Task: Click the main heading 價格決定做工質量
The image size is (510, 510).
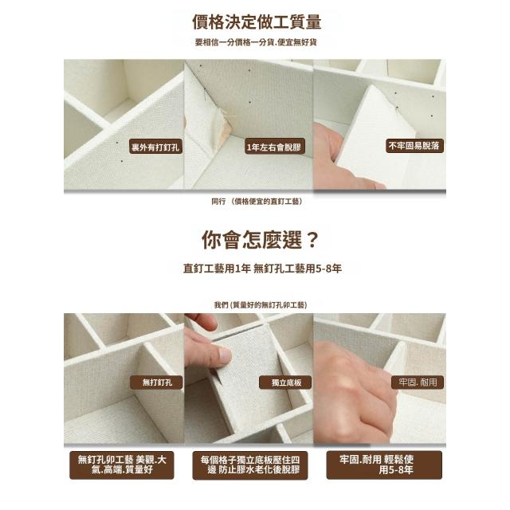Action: (257, 22)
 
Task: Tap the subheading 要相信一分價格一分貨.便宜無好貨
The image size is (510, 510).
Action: (256, 42)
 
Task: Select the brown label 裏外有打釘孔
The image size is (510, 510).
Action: (156, 147)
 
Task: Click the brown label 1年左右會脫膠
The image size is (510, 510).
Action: (274, 147)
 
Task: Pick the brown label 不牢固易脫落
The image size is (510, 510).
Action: (414, 146)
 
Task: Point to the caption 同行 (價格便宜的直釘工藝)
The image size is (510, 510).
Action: (257, 202)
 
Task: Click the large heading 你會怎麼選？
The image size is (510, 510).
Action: (259, 240)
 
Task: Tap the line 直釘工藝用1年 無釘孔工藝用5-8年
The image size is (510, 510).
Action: (262, 269)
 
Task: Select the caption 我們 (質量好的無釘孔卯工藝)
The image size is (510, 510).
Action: (261, 304)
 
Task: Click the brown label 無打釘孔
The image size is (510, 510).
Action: (156, 382)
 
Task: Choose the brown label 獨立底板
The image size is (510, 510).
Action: (285, 382)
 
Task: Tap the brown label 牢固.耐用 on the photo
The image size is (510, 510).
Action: (418, 382)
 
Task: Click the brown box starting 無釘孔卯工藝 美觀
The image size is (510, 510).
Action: (122, 465)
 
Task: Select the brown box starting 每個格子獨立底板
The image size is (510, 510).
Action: (249, 465)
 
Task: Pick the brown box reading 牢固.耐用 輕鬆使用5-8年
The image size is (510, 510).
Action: (384, 465)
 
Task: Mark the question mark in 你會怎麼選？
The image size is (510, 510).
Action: (312, 240)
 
